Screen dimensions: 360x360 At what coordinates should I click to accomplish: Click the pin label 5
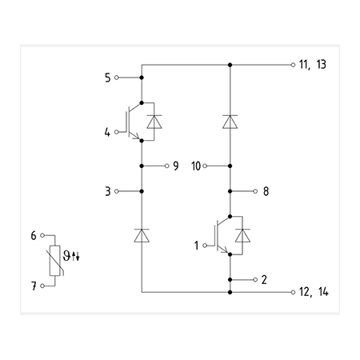[107, 78]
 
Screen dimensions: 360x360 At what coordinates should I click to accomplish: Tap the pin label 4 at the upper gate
[107, 132]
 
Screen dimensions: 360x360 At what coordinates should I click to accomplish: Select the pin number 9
[176, 166]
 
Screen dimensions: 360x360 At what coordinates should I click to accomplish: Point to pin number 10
[196, 166]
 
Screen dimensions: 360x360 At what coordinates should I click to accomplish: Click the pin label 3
[107, 191]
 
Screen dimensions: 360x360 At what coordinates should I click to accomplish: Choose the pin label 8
[266, 191]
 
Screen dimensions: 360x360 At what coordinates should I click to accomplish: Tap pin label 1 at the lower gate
[196, 246]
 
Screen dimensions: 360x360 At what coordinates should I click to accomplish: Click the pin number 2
[264, 279]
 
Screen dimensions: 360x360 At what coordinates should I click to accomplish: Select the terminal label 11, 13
[313, 65]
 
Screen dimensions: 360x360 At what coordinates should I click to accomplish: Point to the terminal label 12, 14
[314, 292]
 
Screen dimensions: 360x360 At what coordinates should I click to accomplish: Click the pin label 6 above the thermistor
[34, 235]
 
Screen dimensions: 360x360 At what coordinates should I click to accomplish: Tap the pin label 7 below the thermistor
[34, 286]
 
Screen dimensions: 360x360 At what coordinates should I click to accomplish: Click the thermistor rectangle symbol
[55, 261]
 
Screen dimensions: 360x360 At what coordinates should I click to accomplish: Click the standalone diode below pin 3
[142, 235]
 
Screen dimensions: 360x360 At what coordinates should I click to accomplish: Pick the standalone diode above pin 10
[230, 122]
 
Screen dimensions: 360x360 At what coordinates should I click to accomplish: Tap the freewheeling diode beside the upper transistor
[154, 122]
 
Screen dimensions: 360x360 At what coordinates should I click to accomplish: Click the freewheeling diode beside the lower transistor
[242, 235]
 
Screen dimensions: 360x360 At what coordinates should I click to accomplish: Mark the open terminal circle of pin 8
[255, 191]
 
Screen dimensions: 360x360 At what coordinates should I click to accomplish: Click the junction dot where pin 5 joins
[142, 78]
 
